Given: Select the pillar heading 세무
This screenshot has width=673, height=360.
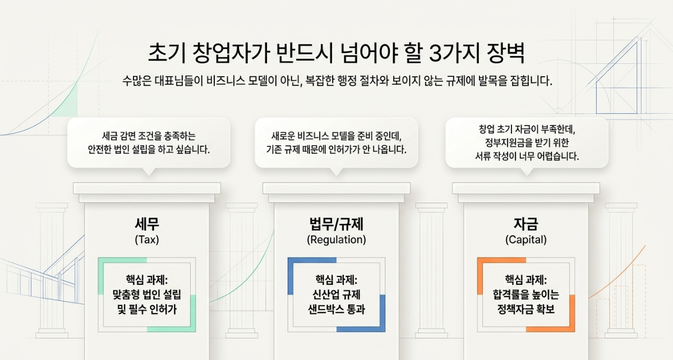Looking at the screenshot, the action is pyautogui.click(x=146, y=224).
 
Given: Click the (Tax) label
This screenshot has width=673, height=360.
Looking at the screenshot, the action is pyautogui.click(x=146, y=240).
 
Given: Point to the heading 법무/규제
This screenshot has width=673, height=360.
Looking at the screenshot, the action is pyautogui.click(x=336, y=224).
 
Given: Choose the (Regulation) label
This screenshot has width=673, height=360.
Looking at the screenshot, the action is pyautogui.click(x=336, y=240).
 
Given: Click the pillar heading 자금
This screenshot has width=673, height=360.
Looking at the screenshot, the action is pyautogui.click(x=526, y=224).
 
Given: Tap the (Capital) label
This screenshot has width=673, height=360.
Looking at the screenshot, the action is pyautogui.click(x=526, y=240).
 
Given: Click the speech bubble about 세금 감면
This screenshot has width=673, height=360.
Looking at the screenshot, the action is pyautogui.click(x=149, y=143).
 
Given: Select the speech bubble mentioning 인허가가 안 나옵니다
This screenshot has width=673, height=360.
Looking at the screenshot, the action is pyautogui.click(x=336, y=143).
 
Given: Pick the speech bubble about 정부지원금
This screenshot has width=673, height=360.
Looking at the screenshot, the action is pyautogui.click(x=527, y=143).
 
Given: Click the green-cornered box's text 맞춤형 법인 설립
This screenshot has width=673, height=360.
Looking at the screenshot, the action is pyautogui.click(x=146, y=294).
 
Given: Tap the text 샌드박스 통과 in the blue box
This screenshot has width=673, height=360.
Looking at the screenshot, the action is pyautogui.click(x=336, y=309).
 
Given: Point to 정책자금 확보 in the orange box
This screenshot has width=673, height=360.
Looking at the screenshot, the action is pyautogui.click(x=526, y=309).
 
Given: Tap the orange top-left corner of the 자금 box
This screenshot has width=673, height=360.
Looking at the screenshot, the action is pyautogui.click(x=480, y=260).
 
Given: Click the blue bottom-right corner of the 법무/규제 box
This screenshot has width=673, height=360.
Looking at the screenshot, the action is pyautogui.click(x=382, y=329).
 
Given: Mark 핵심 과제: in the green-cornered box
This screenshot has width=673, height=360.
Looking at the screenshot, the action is pyautogui.click(x=146, y=280).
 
